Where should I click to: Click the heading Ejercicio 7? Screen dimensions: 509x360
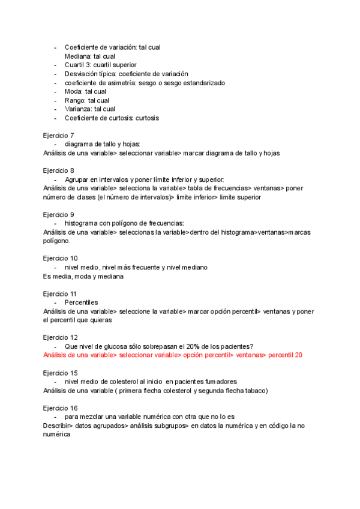59,136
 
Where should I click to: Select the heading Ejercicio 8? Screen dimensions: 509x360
59,170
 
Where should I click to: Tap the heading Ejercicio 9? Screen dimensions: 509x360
59,214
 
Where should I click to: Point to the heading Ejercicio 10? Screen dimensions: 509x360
61,258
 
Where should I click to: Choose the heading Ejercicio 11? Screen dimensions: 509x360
60,294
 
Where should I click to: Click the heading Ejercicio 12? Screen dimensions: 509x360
61,337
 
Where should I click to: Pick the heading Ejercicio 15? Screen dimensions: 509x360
61,373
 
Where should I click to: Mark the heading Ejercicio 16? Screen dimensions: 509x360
61,408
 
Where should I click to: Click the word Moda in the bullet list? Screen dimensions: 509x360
73,91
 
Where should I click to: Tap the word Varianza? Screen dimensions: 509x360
78,109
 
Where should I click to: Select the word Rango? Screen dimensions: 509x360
74,100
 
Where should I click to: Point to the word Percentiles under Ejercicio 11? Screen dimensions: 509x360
81,303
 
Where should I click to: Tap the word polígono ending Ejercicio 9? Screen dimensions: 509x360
56,241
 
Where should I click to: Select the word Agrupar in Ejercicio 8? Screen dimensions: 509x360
77,179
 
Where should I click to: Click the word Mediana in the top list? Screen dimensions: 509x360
78,56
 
